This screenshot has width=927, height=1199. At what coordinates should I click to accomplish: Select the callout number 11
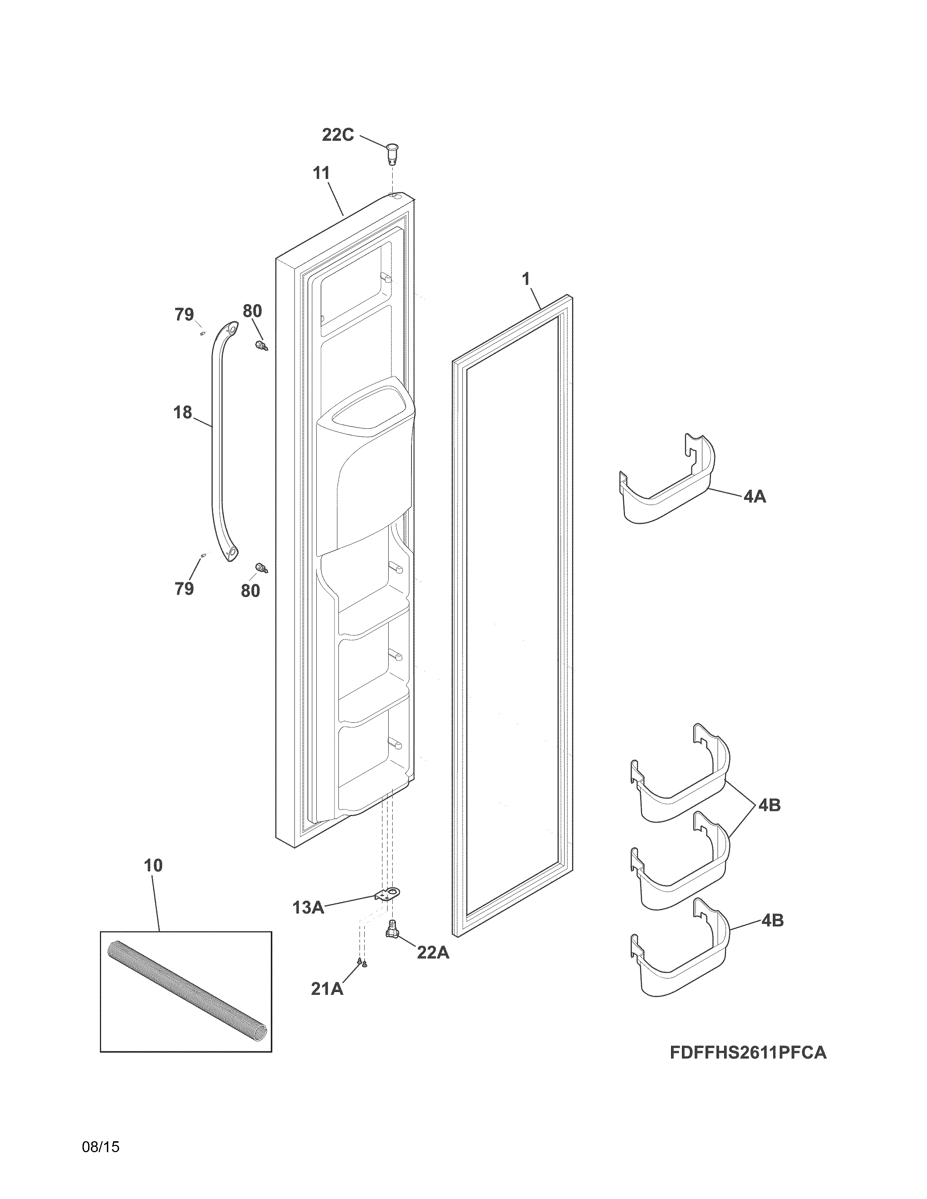pyautogui.click(x=321, y=173)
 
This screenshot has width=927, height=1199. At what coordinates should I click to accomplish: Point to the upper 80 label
pyautogui.click(x=252, y=311)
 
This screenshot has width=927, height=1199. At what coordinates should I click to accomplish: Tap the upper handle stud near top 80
pyautogui.click(x=260, y=346)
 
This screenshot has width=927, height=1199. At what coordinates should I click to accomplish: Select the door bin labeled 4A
pyautogui.click(x=667, y=483)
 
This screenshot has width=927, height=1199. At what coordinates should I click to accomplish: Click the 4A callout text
pyautogui.click(x=755, y=497)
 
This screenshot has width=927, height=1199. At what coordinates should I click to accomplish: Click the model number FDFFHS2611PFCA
pyautogui.click(x=748, y=1053)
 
